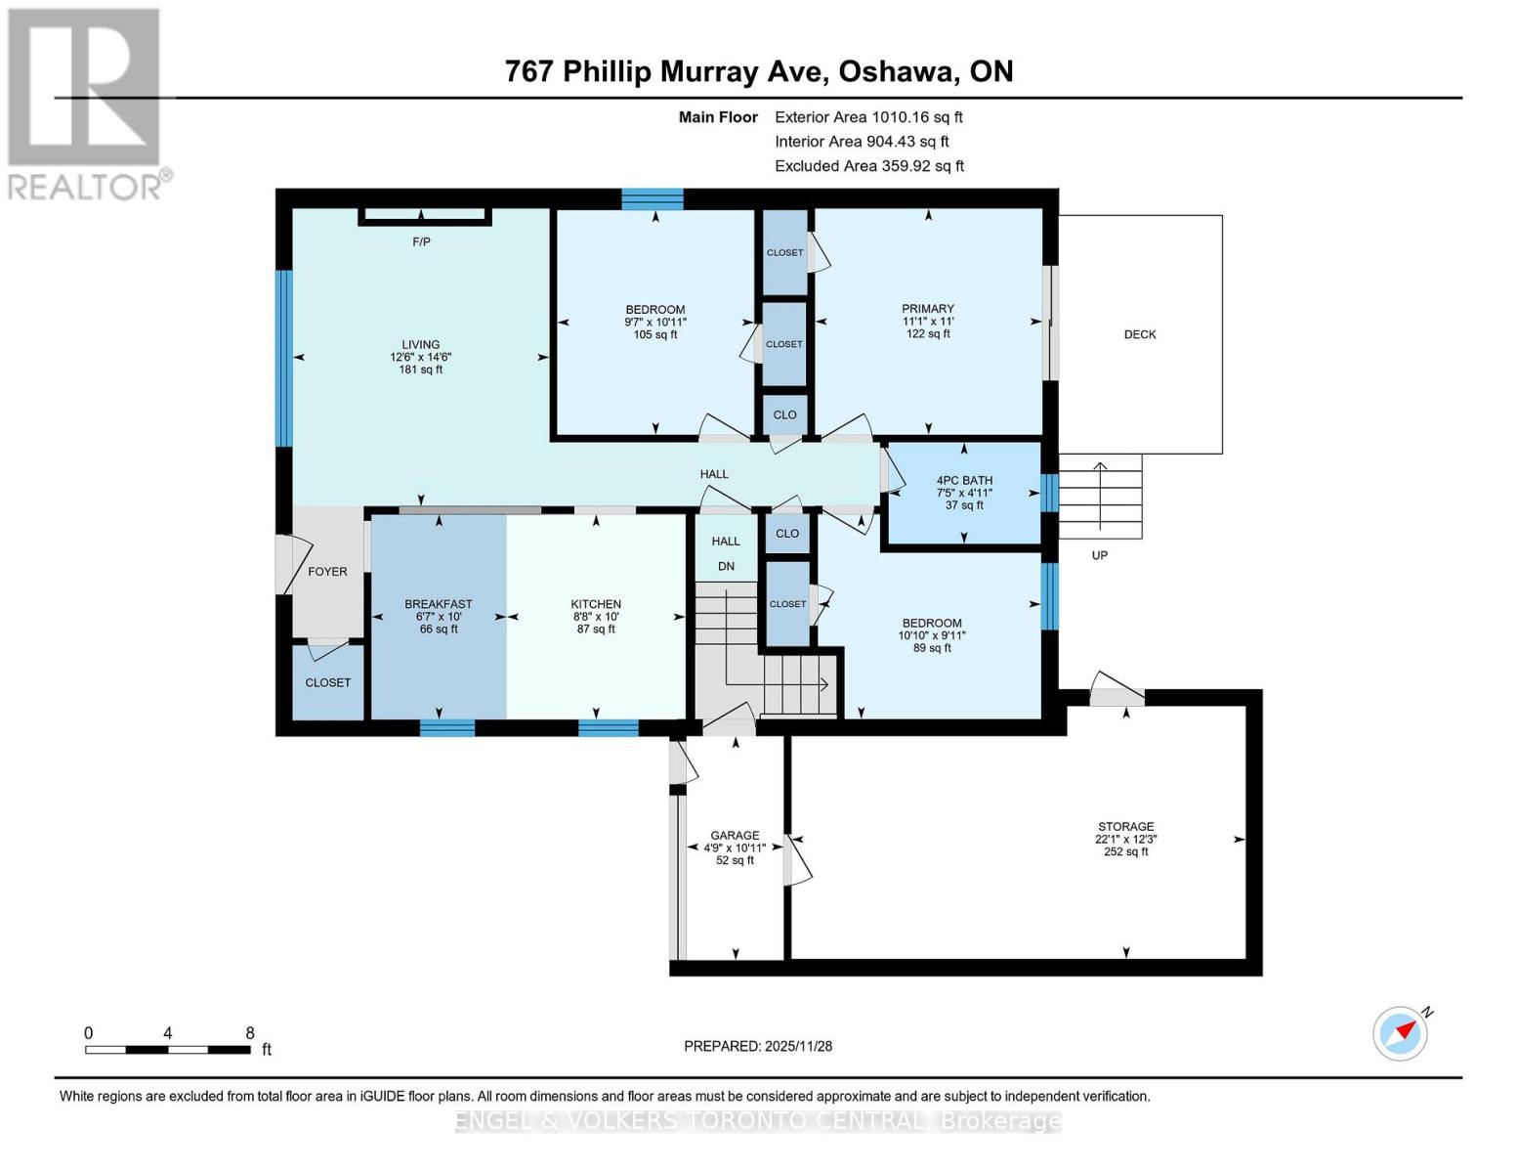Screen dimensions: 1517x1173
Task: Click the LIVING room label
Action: click(x=420, y=344)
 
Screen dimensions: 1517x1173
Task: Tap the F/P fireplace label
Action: click(x=421, y=241)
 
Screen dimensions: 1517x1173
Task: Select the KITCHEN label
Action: click(x=596, y=604)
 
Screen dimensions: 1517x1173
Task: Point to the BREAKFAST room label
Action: click(x=439, y=604)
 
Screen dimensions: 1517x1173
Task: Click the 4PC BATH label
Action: click(x=964, y=480)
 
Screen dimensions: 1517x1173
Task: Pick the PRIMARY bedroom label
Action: click(x=927, y=308)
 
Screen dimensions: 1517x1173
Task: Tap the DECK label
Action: click(x=1139, y=334)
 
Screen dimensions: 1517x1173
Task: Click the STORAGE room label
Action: click(x=1125, y=826)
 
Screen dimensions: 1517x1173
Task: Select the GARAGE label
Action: click(x=735, y=835)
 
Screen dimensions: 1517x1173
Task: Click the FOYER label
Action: click(x=327, y=572)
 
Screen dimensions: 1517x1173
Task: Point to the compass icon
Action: click(x=1400, y=1034)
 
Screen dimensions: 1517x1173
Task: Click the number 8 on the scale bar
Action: click(x=250, y=1032)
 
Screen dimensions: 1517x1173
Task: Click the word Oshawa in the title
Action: click(x=898, y=71)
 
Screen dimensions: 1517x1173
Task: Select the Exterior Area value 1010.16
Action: click(x=897, y=117)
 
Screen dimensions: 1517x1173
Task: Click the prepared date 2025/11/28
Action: click(x=798, y=1046)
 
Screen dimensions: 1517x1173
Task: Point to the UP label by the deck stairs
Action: click(x=1100, y=555)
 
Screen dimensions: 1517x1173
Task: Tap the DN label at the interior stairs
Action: click(x=726, y=566)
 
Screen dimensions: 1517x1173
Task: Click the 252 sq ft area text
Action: click(x=1125, y=851)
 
